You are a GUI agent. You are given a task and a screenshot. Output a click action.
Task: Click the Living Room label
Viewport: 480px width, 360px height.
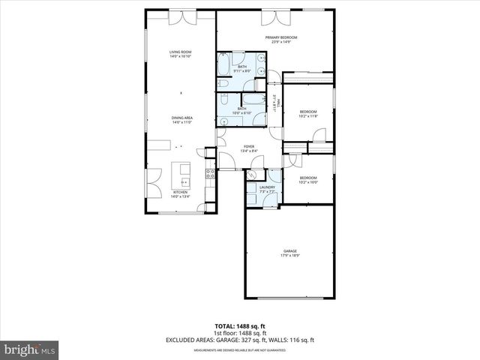pos(181,53)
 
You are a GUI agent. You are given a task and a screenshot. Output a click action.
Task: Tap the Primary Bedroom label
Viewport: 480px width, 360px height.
pos(281,39)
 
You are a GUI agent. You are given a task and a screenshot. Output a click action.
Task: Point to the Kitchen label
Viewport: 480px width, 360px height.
pos(181,194)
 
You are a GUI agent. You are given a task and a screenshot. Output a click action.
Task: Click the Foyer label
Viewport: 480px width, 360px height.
pos(248,148)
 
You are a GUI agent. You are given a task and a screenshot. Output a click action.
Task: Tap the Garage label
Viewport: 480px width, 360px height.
pos(290,253)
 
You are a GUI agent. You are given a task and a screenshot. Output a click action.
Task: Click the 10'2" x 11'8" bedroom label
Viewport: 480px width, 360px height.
pos(309,114)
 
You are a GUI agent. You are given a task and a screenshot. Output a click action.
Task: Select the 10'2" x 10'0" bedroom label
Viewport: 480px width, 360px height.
pos(309,180)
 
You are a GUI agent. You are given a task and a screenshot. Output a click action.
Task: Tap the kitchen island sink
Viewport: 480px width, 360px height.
pos(184,180)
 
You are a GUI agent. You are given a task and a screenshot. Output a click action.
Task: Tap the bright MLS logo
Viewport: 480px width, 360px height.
pos(30,349)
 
